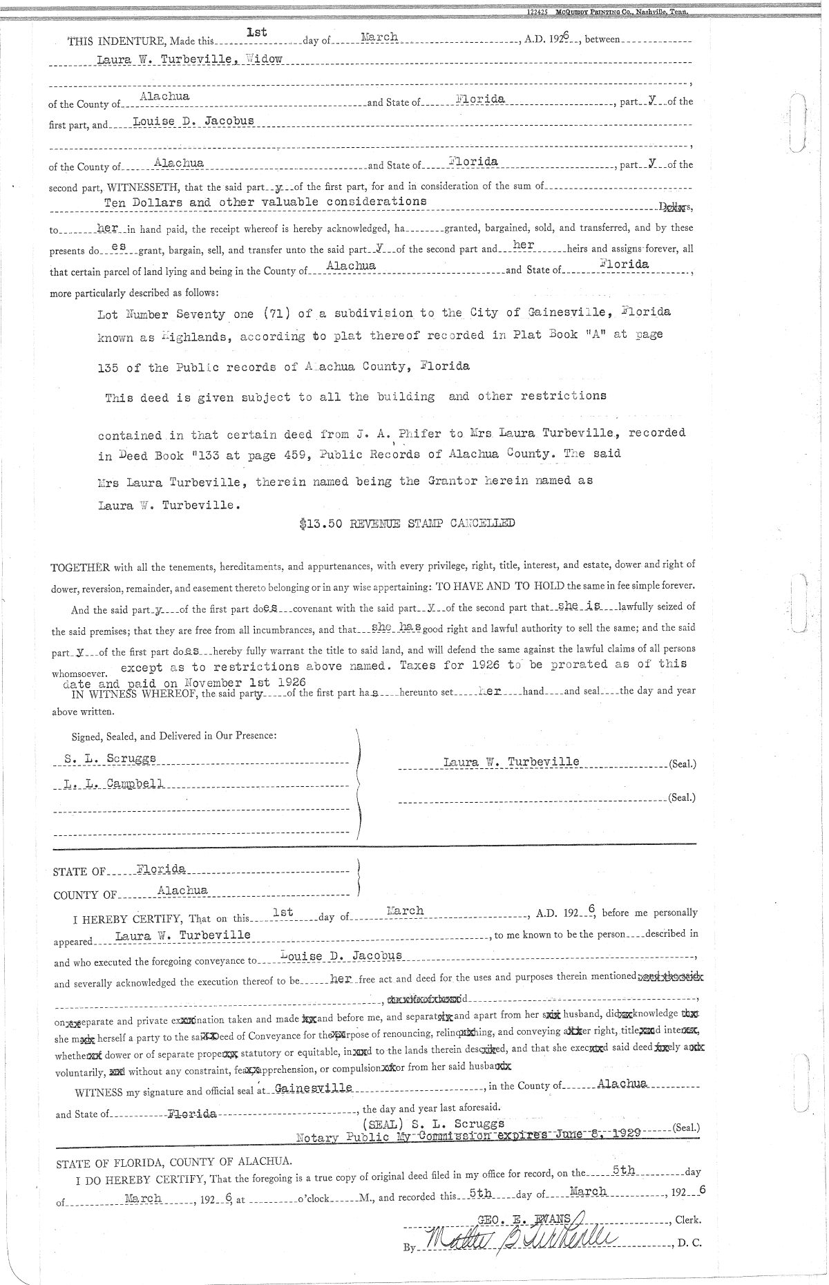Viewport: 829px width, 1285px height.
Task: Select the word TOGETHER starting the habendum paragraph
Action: [x=80, y=568]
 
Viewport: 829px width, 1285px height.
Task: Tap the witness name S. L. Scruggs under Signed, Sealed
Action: [x=110, y=758]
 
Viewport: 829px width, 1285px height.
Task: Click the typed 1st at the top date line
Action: [x=256, y=32]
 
